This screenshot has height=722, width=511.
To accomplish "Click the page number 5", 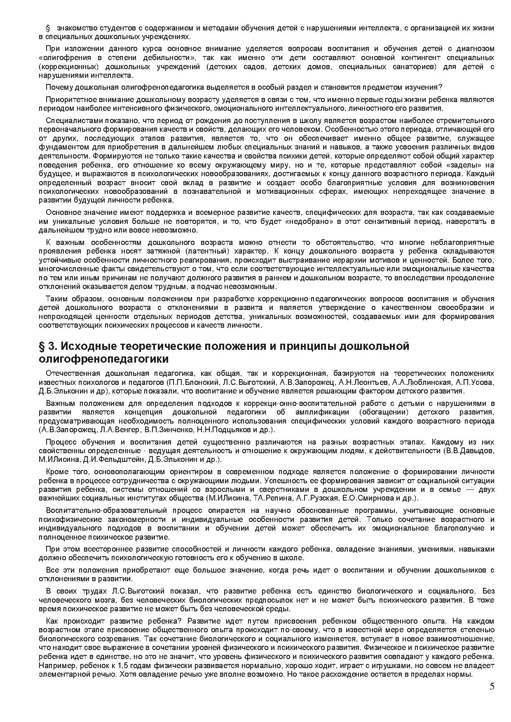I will point(492,686).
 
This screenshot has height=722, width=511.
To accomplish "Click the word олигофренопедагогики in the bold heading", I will point(103,359).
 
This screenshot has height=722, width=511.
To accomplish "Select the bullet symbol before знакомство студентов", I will point(47,28).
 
